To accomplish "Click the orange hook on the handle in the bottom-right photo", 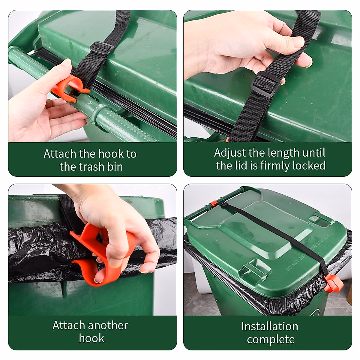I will tap(213, 204).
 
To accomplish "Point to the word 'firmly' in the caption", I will tap(275, 166).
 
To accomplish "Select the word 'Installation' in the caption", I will tap(269, 326).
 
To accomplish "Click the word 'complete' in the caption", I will tap(271, 340).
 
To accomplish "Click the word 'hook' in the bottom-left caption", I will tap(91, 338).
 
